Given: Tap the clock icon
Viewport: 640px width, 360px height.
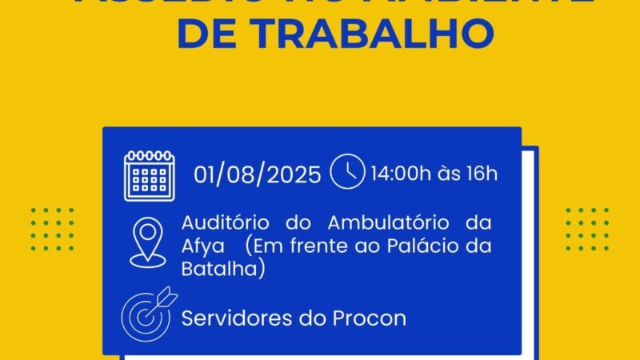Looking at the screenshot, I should tap(347, 173).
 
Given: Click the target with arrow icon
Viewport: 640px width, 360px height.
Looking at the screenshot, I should tap(146, 314).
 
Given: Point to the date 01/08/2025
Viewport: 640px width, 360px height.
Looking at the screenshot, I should tap(258, 174).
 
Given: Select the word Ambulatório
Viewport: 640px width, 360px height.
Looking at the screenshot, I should tap(394, 222).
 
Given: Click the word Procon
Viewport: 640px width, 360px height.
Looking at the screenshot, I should tap(370, 318).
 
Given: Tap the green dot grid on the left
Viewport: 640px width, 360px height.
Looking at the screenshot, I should tap(52, 228).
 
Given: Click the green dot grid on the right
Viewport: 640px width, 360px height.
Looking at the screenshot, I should tap(587, 228).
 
